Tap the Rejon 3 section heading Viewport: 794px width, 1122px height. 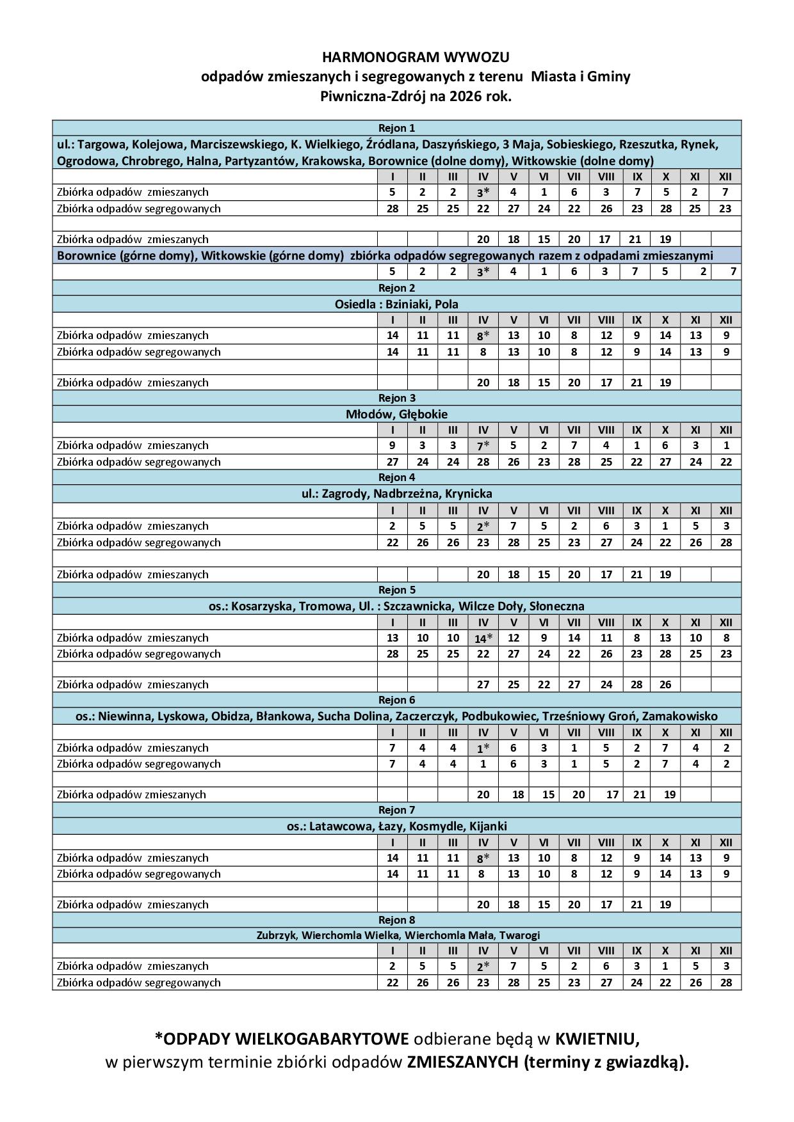396,398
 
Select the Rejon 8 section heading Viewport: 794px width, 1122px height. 396,920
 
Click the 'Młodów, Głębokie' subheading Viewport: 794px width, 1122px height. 396,414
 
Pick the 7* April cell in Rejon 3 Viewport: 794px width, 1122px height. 483,446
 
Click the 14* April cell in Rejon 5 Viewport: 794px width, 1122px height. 483,638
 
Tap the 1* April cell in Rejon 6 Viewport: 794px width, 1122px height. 483,748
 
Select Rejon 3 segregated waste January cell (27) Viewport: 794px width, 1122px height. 393,462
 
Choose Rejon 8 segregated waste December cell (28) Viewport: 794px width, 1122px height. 725,983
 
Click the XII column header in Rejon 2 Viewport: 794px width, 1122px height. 725,320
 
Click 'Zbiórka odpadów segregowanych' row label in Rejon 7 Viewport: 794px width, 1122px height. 138,874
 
